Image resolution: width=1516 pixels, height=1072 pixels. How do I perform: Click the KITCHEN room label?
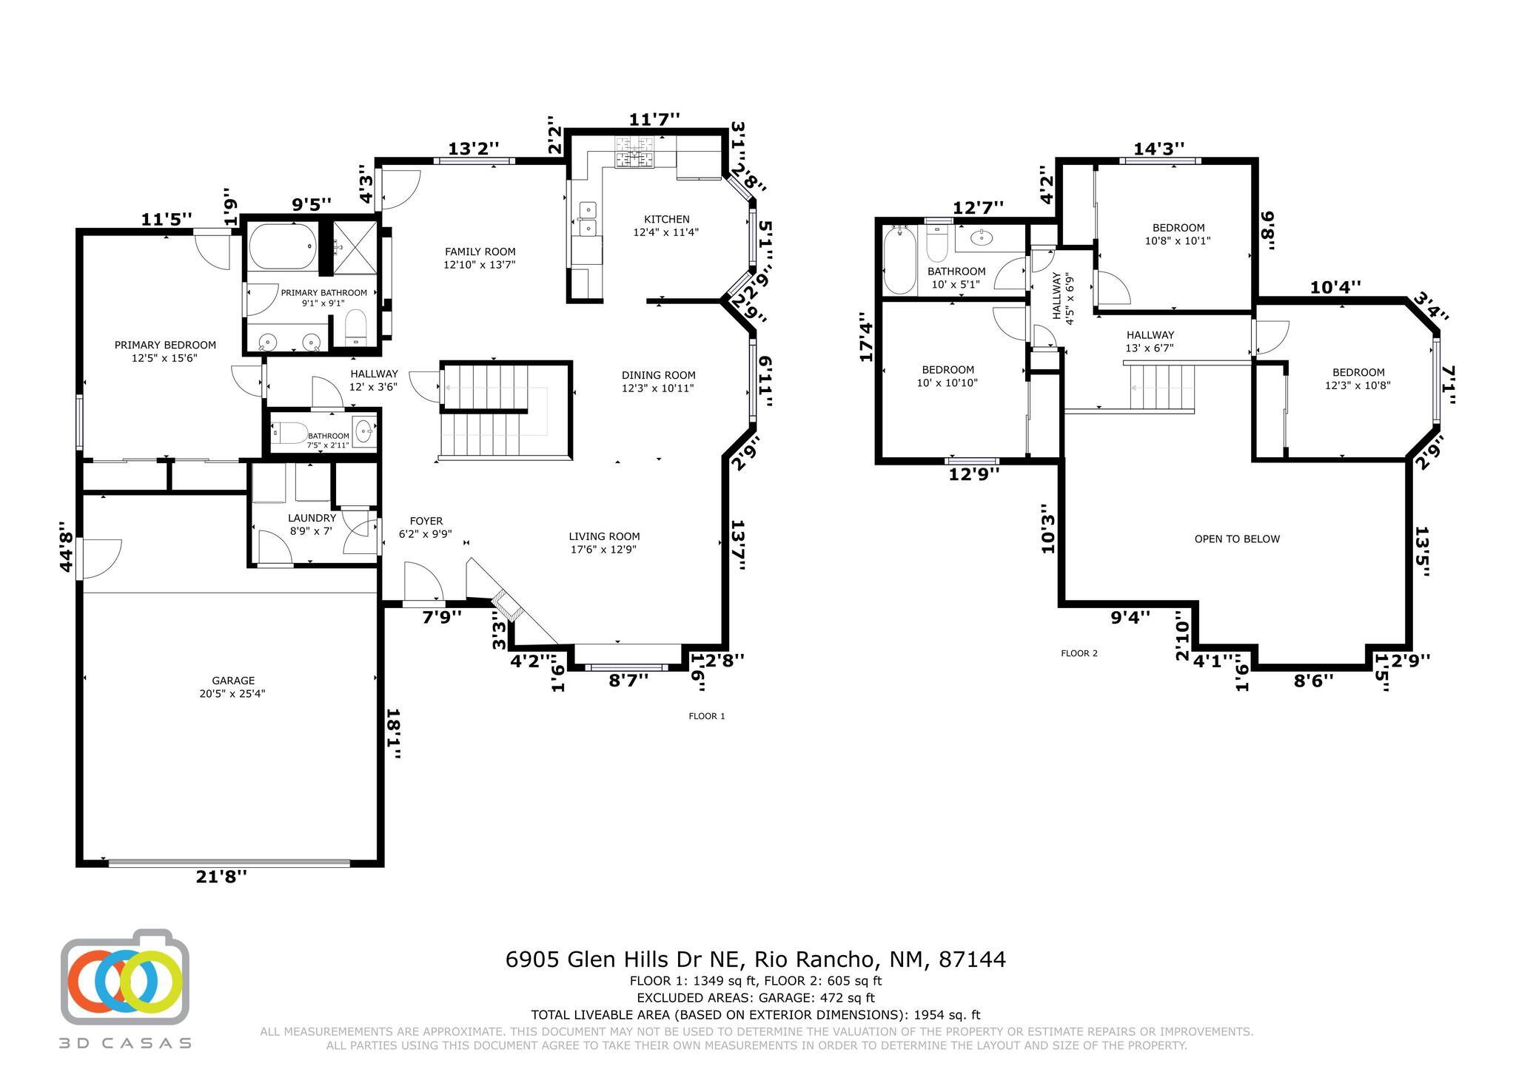(x=666, y=219)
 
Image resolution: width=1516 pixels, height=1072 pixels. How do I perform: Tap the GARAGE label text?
(x=233, y=681)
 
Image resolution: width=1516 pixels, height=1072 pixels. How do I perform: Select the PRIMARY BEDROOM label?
(x=165, y=345)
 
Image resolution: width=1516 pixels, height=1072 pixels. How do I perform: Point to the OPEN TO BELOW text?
(x=1237, y=539)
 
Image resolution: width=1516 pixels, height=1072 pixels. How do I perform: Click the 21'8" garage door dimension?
(x=221, y=877)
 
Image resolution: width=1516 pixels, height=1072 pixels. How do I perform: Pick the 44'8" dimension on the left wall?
(x=67, y=547)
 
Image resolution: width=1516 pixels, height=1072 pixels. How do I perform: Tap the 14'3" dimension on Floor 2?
(x=1159, y=149)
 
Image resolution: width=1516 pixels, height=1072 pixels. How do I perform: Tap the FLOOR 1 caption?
(x=707, y=716)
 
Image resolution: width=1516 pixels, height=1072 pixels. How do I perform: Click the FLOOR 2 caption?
(x=1079, y=653)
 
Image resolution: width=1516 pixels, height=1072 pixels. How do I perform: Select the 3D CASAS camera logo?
(x=124, y=977)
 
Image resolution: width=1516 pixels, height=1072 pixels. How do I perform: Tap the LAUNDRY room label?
(x=312, y=518)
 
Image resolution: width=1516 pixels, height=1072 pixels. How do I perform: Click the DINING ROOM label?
(x=658, y=375)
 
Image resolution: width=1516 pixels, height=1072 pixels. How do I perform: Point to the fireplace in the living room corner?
(x=508, y=606)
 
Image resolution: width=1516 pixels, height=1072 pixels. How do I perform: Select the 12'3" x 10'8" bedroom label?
(x=1358, y=385)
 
